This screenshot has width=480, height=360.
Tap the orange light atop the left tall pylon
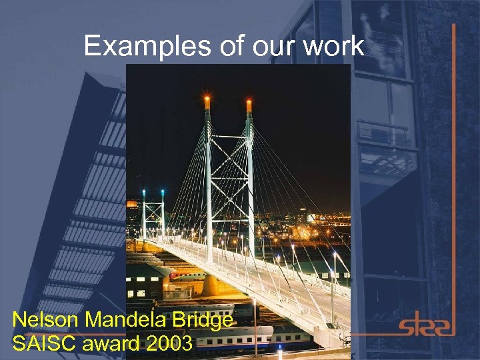point(207,102)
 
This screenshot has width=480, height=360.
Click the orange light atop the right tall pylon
point(249,105)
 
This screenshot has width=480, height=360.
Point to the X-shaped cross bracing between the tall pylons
point(228,163)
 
